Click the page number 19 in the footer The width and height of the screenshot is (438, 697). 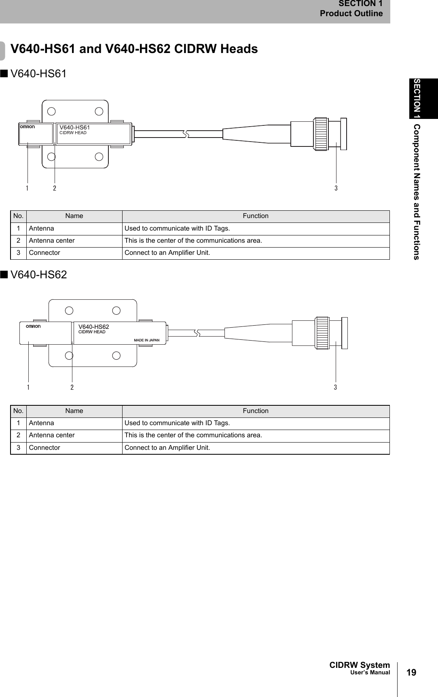411,672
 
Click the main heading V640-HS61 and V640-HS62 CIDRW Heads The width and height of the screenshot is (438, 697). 134,49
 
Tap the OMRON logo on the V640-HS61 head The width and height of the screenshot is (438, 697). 28,127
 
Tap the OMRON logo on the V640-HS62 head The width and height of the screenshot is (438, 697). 33,326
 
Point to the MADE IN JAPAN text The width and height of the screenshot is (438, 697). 147,340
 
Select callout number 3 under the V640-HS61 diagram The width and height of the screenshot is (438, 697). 336,188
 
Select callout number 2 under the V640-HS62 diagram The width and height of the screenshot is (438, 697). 72,388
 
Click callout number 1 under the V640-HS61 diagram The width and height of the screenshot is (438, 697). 27,188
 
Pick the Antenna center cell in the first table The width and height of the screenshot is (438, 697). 52,241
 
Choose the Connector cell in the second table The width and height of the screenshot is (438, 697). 44,448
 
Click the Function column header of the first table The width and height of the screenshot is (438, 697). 256,216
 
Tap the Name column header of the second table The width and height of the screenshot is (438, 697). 74,411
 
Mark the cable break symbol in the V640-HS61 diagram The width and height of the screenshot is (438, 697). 186,133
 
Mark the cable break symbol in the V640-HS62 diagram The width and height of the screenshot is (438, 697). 197,333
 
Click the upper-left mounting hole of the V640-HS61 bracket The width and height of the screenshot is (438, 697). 51,112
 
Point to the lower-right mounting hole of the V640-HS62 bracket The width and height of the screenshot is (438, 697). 116,356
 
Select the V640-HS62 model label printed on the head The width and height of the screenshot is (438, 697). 93,327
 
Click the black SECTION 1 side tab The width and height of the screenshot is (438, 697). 423,98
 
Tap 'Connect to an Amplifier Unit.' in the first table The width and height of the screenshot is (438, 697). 167,253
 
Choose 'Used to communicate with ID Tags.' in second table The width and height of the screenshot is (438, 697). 177,423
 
